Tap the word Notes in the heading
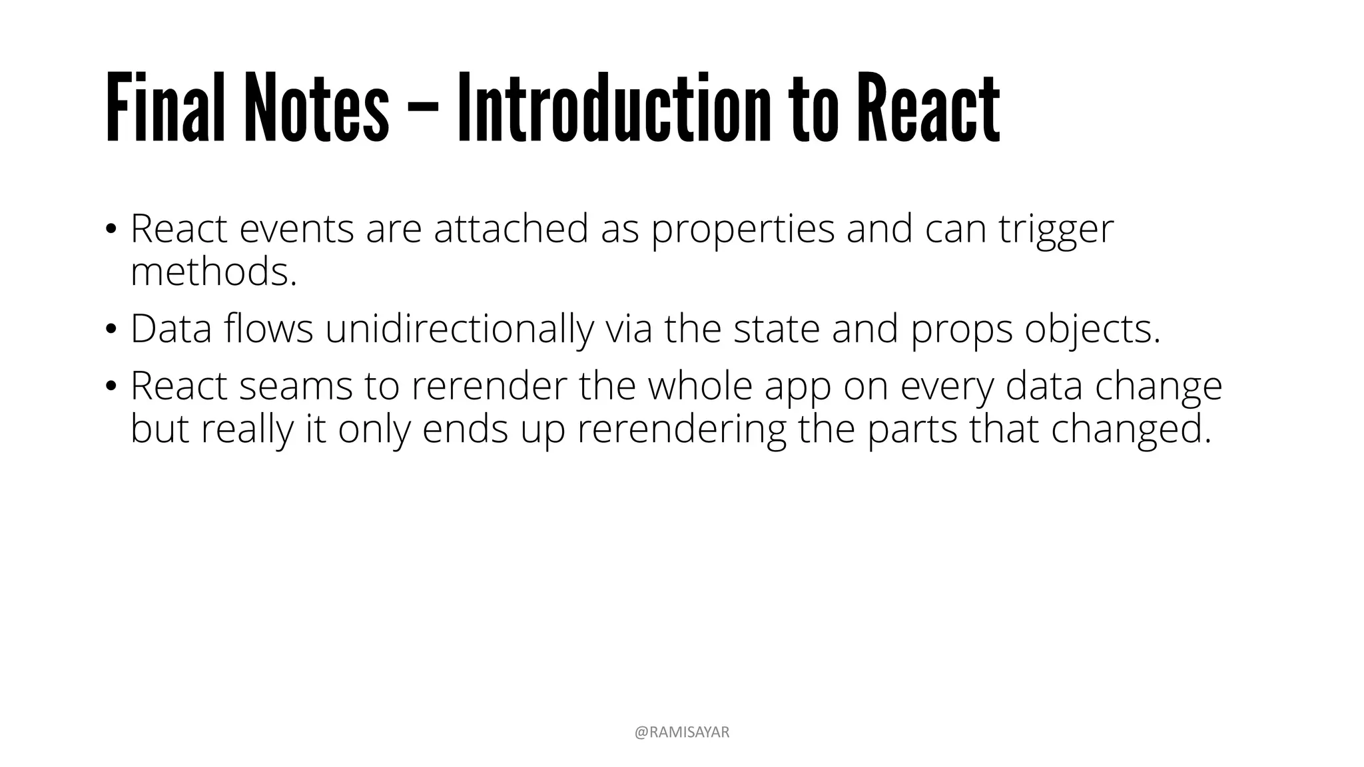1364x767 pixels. [316, 108]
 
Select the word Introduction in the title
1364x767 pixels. [613, 108]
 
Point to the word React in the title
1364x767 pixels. [928, 108]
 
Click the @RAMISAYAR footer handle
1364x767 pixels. [682, 732]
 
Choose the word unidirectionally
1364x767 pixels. [459, 329]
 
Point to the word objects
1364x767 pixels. [1092, 329]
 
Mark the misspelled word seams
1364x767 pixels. [296, 386]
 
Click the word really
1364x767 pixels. [247, 429]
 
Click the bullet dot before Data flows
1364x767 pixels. [111, 329]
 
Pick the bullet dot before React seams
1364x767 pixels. [111, 386]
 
